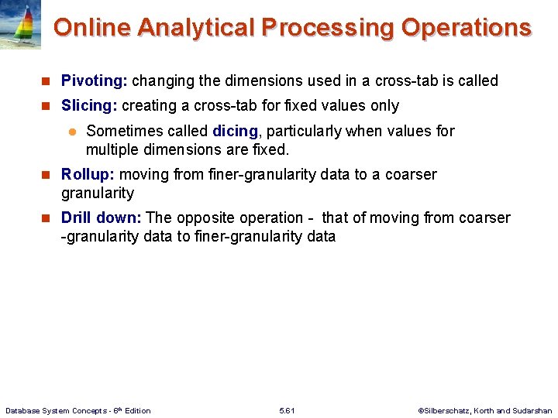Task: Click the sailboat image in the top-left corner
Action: pos(21,25)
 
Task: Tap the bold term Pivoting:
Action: pos(95,81)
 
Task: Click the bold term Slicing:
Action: pos(89,105)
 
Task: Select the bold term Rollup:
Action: pos(88,174)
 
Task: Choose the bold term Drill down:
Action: pos(101,218)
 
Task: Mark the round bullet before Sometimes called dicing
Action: pos(71,132)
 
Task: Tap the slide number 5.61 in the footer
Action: pos(287,410)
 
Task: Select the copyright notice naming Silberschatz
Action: pos(484,410)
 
